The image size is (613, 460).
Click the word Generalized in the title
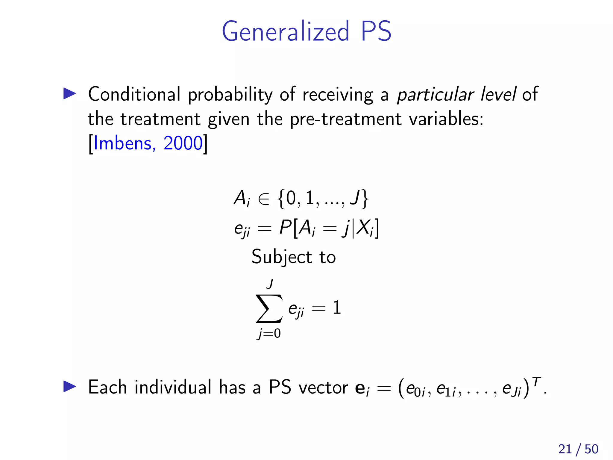286,31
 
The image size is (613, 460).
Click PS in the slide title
376,31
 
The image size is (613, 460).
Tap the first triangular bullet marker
70,94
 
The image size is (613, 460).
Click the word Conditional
134,94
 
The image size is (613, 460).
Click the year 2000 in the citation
183,143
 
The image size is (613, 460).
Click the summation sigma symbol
269,308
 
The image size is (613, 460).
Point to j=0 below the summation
269,334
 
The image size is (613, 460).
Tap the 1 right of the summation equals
337,308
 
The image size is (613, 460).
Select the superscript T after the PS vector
537,381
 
